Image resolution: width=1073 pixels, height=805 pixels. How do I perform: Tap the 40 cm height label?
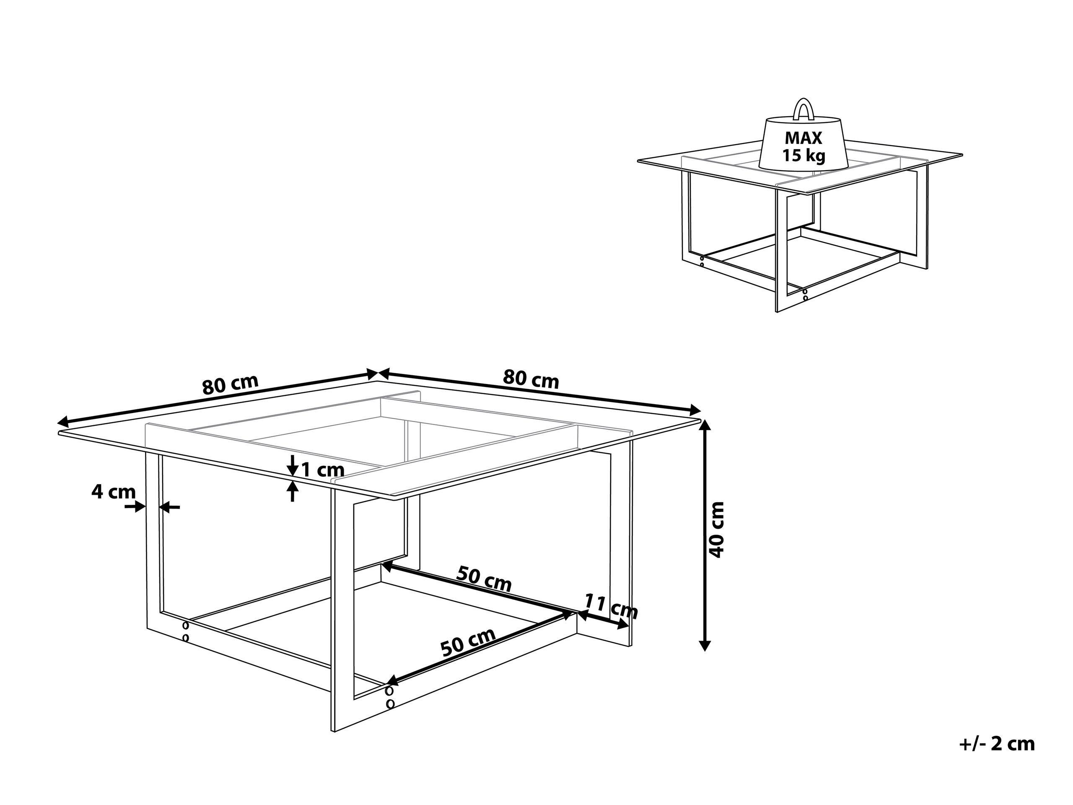click(716, 530)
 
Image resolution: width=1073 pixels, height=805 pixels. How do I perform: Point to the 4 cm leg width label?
click(114, 492)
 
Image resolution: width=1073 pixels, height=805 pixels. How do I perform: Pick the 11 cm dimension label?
click(610, 606)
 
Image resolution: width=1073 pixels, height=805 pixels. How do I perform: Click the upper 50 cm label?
click(484, 579)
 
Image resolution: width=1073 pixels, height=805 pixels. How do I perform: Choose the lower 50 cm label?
click(468, 642)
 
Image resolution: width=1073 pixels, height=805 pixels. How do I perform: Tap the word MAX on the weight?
click(803, 138)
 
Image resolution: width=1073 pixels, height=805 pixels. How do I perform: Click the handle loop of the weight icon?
click(803, 108)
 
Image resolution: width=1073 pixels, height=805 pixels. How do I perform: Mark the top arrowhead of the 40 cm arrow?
click(706, 426)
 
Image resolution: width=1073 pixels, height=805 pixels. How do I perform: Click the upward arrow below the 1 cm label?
click(292, 491)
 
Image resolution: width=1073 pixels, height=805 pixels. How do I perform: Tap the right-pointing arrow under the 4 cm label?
click(135, 507)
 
